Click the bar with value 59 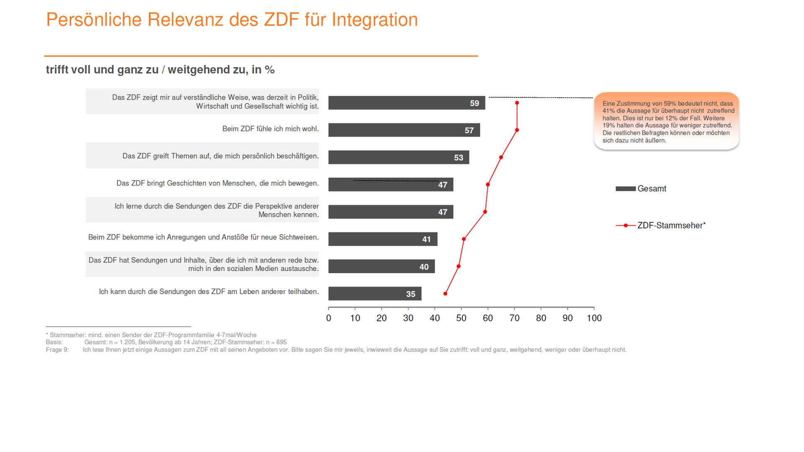tap(406, 103)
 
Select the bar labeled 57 tap(404, 130)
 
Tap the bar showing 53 tap(398, 157)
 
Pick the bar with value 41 tap(382, 239)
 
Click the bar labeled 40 tap(381, 266)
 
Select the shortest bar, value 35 tap(374, 293)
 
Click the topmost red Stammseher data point tap(517, 103)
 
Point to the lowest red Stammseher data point tap(445, 294)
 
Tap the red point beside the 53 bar tap(501, 157)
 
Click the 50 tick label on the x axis tap(461, 318)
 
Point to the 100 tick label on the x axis tap(594, 318)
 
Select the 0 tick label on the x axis tap(329, 318)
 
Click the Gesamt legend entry tap(651, 189)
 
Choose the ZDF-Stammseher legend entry tap(671, 226)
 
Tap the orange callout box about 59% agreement tap(666, 121)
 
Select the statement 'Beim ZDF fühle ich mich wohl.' tap(270, 129)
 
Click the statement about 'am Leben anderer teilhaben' tap(209, 292)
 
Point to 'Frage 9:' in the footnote tap(57, 350)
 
